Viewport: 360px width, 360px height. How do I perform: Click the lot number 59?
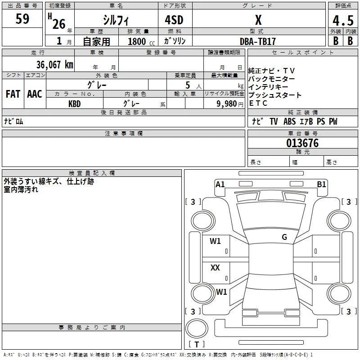point(22,18)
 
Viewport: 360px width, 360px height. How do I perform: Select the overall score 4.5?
point(343,20)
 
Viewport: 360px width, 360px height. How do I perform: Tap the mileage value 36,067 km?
point(54,64)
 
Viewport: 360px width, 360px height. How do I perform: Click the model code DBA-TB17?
point(257,41)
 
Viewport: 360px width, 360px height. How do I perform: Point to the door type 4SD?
point(174,20)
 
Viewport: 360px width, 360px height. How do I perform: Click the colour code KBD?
point(74,104)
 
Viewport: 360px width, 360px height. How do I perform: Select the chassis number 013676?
point(302,143)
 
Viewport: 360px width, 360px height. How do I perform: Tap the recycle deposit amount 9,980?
point(227,104)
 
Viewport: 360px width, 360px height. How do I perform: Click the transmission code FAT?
point(13,94)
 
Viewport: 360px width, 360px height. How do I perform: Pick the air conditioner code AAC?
point(35,94)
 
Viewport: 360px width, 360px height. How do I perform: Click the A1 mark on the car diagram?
point(220,184)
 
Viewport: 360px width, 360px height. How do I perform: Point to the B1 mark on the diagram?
point(321,184)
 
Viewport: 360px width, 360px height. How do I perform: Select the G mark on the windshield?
point(284,237)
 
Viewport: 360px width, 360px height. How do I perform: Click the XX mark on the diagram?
point(215,267)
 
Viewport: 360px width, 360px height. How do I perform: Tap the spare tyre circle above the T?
point(197,328)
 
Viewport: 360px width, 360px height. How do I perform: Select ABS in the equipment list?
point(289,121)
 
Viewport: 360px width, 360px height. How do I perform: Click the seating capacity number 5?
point(188,85)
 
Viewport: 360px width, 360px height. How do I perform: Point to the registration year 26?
point(59,24)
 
